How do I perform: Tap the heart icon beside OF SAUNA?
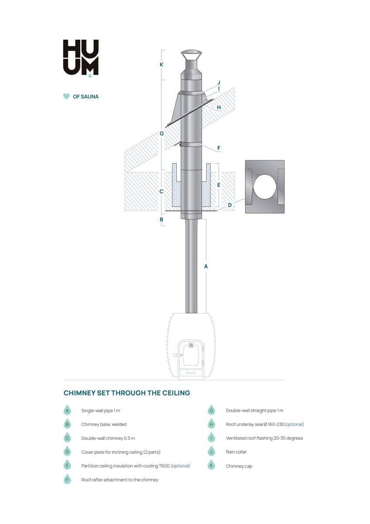66,97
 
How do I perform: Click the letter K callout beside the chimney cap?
161,65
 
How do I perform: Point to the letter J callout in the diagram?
219,83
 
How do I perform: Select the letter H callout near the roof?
219,107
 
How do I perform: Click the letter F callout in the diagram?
219,148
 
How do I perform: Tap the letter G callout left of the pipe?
161,134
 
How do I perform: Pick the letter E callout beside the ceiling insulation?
219,185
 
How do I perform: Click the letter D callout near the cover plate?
230,205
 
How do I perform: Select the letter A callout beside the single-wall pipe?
206,266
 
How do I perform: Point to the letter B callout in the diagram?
161,220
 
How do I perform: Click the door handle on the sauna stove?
178,355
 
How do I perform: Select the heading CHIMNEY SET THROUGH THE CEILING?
127,393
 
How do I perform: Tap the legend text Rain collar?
236,452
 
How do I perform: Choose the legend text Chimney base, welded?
104,424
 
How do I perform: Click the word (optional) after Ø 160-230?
294,424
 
